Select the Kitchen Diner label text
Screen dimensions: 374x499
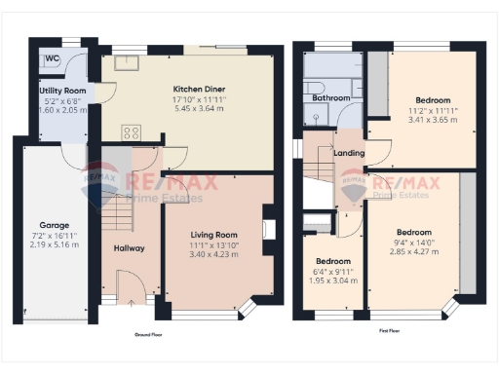coord(193,85)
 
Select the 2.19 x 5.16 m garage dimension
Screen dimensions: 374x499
coord(54,244)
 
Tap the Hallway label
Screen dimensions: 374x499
coord(129,248)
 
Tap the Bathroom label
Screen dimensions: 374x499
coord(330,98)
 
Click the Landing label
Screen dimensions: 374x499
coord(348,153)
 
